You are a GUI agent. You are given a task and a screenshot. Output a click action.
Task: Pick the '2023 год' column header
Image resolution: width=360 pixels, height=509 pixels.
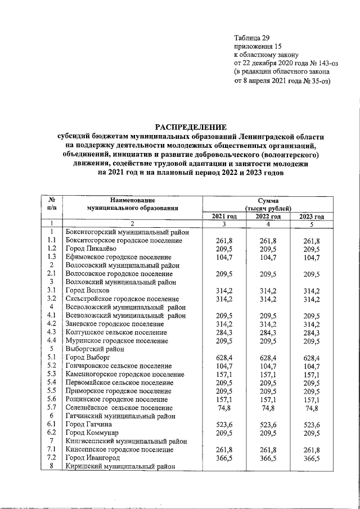312,217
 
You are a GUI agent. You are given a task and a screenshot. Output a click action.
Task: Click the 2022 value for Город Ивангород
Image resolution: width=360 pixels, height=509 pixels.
268,459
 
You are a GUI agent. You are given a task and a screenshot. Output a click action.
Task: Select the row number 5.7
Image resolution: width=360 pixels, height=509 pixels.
51,407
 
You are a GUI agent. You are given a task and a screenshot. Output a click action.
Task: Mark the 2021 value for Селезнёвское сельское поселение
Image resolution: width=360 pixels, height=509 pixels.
224,407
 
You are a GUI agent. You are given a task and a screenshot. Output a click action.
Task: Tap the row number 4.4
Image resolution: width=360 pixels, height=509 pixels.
51,340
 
